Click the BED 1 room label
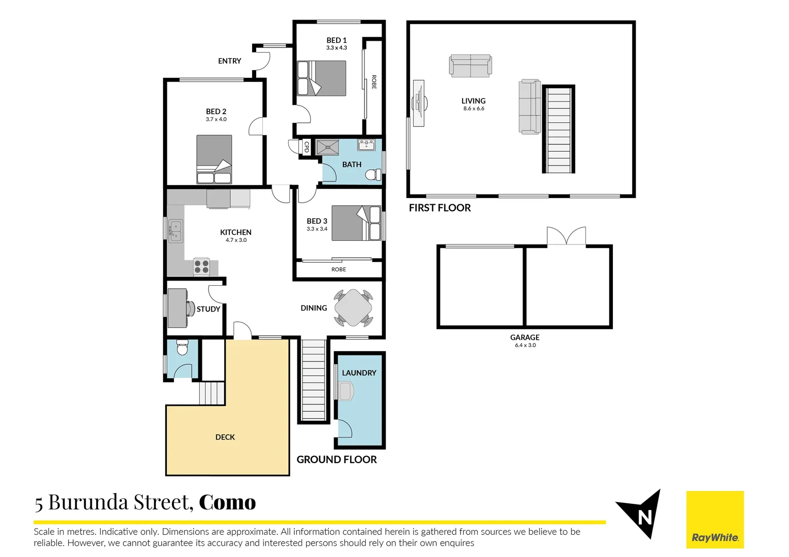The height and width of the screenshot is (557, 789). pos(336,40)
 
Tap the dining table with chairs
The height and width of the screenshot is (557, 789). pos(353,308)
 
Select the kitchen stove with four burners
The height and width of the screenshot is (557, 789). pos(201,267)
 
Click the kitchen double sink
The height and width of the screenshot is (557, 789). pos(176,231)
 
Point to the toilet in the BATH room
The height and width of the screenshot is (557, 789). pos(373,175)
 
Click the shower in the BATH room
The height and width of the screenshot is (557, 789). pos(327,147)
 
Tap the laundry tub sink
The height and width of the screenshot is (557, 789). pos(345,391)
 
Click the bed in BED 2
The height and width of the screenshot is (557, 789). pos(214,159)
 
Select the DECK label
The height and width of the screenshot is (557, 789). pos(225,437)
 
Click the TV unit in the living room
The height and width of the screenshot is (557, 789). pos(419,103)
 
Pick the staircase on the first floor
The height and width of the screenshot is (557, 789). pos(558,129)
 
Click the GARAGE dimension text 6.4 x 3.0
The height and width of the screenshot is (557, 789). pos(525,346)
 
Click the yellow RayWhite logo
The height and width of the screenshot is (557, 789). pos(715,519)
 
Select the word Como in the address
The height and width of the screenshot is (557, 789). pos(227,502)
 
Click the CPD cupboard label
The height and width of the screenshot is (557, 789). pos(306,148)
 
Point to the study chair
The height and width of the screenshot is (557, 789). pos(190,308)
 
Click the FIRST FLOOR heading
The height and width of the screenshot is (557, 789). pos(440,208)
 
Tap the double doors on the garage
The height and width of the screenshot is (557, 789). pos(566,236)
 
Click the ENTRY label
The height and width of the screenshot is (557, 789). pos(229,61)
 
